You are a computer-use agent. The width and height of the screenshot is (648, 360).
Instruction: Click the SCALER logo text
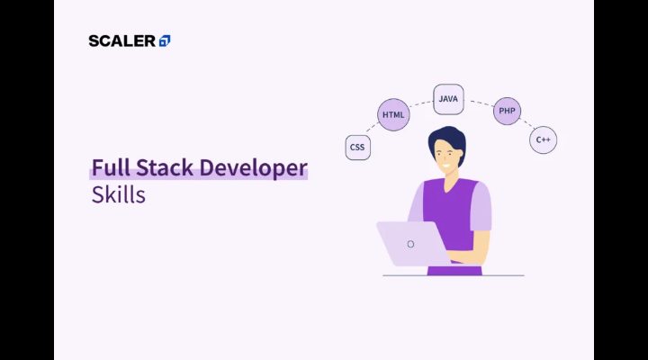121,40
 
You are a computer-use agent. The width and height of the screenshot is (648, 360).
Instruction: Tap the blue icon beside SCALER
165,40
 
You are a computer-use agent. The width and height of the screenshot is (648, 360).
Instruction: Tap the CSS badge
358,147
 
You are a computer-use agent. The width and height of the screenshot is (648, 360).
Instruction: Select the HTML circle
393,115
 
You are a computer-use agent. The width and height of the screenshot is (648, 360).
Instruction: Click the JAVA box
448,99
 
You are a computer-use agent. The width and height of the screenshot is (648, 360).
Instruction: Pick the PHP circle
508,111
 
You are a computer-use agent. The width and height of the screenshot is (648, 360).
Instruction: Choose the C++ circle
543,140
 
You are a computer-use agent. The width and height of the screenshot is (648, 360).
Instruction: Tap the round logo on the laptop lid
410,244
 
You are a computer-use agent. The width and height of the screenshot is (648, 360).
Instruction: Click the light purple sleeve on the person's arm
481,208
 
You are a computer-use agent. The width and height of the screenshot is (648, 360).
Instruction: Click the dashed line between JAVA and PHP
479,102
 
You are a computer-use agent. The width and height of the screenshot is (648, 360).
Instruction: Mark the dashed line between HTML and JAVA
419,102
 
